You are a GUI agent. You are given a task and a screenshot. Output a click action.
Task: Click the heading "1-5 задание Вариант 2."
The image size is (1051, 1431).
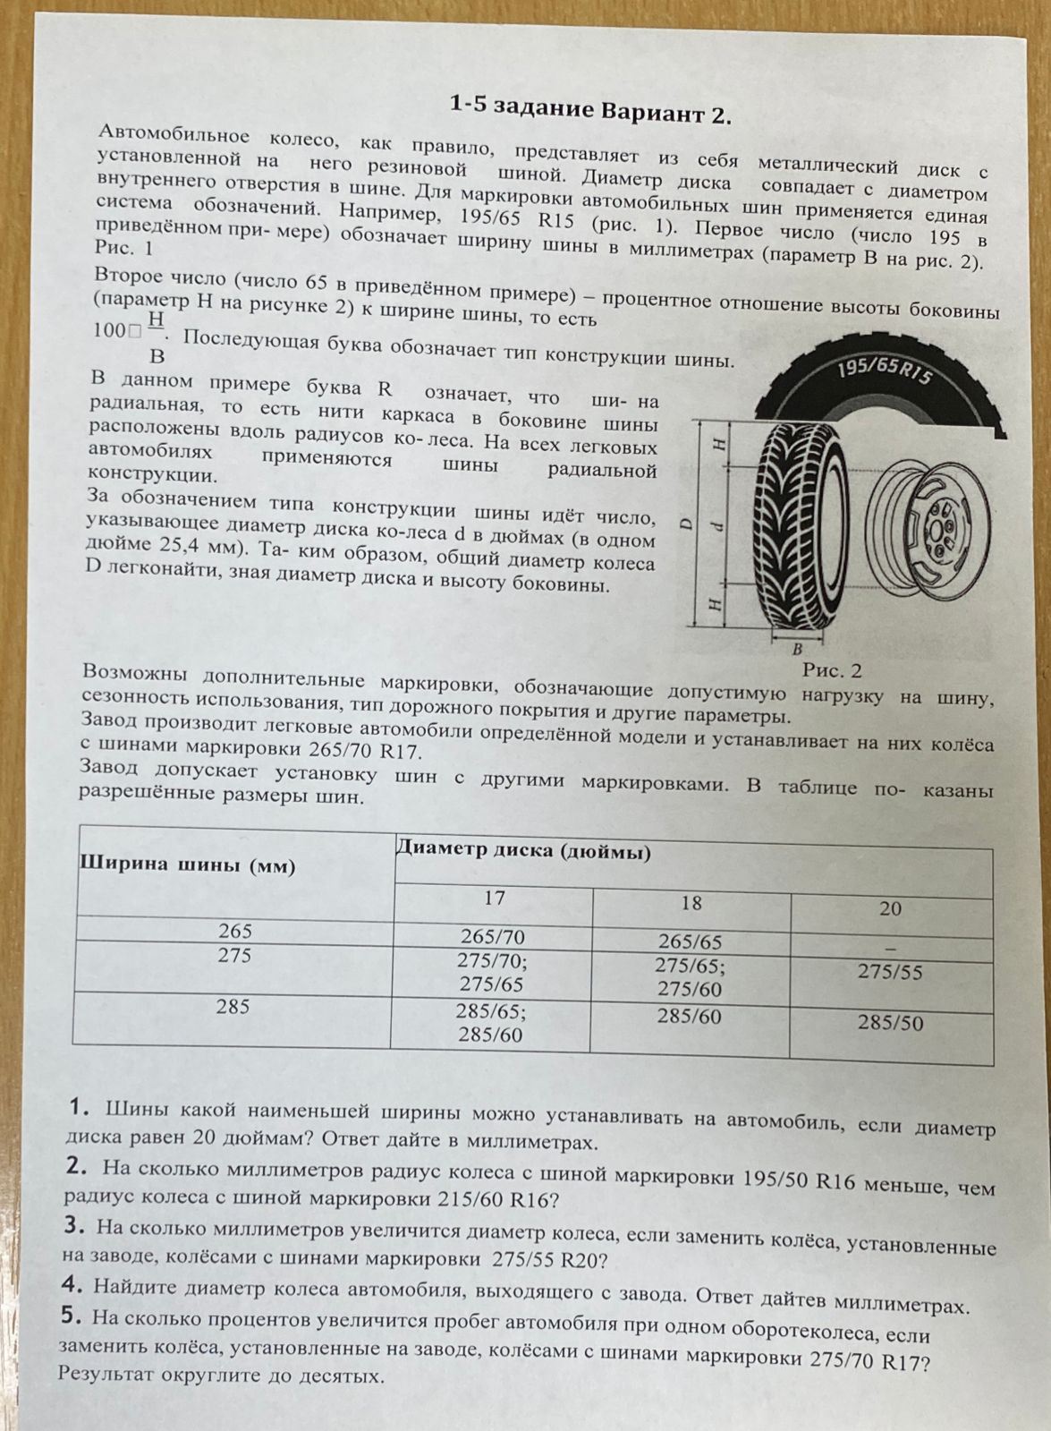(x=590, y=112)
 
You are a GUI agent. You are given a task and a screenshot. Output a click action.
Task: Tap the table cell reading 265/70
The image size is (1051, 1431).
(x=492, y=937)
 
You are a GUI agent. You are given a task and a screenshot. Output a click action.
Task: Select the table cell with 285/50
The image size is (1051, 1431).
(x=890, y=1023)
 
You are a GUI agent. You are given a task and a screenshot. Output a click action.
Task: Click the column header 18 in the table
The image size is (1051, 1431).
(x=691, y=903)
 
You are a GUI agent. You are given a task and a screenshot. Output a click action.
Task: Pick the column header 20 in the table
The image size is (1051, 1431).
(x=890, y=909)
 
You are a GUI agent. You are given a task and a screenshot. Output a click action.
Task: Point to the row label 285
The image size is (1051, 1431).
(x=233, y=1008)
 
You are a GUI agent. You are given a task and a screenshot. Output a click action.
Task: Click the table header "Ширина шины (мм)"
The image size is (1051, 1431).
(x=189, y=865)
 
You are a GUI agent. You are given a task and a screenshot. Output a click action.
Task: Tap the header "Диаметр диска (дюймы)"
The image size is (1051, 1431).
(x=523, y=850)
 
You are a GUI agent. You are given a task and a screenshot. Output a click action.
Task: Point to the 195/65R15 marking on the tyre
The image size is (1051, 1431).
(x=882, y=373)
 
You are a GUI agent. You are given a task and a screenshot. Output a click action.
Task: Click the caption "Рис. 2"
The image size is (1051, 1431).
(x=832, y=669)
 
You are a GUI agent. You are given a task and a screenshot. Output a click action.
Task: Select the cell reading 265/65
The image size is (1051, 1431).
(x=690, y=941)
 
